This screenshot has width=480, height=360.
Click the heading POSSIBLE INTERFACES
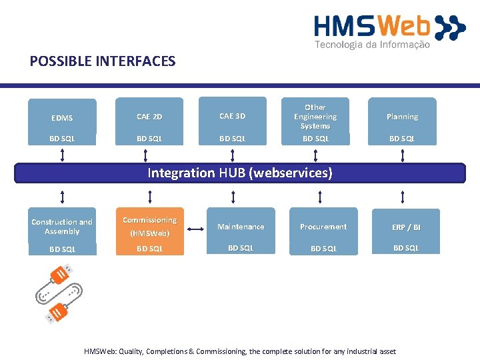(103, 61)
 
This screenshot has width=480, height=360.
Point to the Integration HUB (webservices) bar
(240, 173)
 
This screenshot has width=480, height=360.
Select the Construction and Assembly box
(63, 231)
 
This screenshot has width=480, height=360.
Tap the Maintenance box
(241, 231)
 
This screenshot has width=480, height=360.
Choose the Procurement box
(323, 231)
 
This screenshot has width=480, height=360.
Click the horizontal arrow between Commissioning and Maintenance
(195, 229)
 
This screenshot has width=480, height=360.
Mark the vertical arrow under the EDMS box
(62, 155)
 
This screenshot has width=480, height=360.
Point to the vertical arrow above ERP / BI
(403, 197)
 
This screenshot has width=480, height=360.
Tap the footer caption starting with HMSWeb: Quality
(240, 351)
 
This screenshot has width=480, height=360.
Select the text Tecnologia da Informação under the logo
(372, 45)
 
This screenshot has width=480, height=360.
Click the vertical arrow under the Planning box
(403, 155)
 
